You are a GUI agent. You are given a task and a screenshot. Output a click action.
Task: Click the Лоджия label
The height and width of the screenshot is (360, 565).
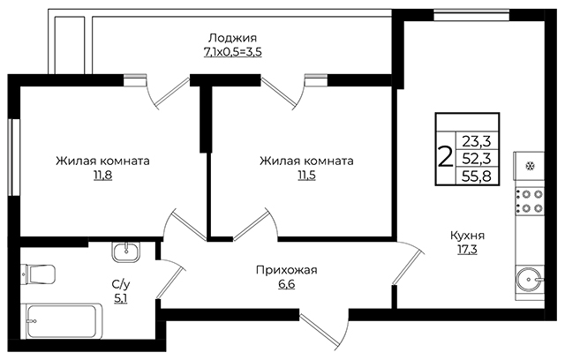point(233,38)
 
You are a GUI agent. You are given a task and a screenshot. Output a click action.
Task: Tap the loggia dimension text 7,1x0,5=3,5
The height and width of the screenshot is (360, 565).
point(233,52)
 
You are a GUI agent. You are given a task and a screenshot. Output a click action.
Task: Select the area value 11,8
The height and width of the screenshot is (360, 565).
point(103,176)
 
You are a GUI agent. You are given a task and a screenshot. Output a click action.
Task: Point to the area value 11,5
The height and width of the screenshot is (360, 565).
point(306,176)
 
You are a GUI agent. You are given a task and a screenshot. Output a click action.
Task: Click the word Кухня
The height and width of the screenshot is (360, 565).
point(467,236)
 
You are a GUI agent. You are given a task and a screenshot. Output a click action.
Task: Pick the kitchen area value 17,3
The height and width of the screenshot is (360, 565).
point(467,250)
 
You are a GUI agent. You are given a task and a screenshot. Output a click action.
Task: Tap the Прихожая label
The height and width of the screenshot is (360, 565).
point(286,270)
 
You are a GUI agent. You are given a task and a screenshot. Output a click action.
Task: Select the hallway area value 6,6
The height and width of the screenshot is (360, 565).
point(286,284)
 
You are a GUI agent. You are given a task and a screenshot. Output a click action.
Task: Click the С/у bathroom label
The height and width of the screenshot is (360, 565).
point(121,285)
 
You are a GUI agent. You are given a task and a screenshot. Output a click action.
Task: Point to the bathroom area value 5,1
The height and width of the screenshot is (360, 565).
point(121,299)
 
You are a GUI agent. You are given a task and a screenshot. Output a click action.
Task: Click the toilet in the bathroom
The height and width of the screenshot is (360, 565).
point(38,274)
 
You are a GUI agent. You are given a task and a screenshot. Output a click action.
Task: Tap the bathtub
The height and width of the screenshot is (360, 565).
point(62,321)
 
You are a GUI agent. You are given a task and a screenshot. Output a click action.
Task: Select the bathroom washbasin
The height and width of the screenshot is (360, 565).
point(125,251)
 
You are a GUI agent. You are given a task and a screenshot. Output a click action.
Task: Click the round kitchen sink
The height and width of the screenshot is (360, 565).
point(529,280)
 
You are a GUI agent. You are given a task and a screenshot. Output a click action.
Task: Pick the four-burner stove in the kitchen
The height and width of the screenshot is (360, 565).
point(530,201)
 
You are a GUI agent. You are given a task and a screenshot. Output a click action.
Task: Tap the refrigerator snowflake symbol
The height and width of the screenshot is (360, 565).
point(530,166)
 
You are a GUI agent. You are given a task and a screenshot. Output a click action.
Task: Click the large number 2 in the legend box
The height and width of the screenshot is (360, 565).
point(445,156)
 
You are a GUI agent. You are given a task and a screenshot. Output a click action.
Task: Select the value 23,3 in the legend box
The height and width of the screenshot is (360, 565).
point(477,142)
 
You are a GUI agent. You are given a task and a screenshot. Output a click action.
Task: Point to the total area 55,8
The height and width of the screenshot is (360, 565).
point(477,176)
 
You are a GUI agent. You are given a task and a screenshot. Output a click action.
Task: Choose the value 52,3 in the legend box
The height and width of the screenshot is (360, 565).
point(477,159)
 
